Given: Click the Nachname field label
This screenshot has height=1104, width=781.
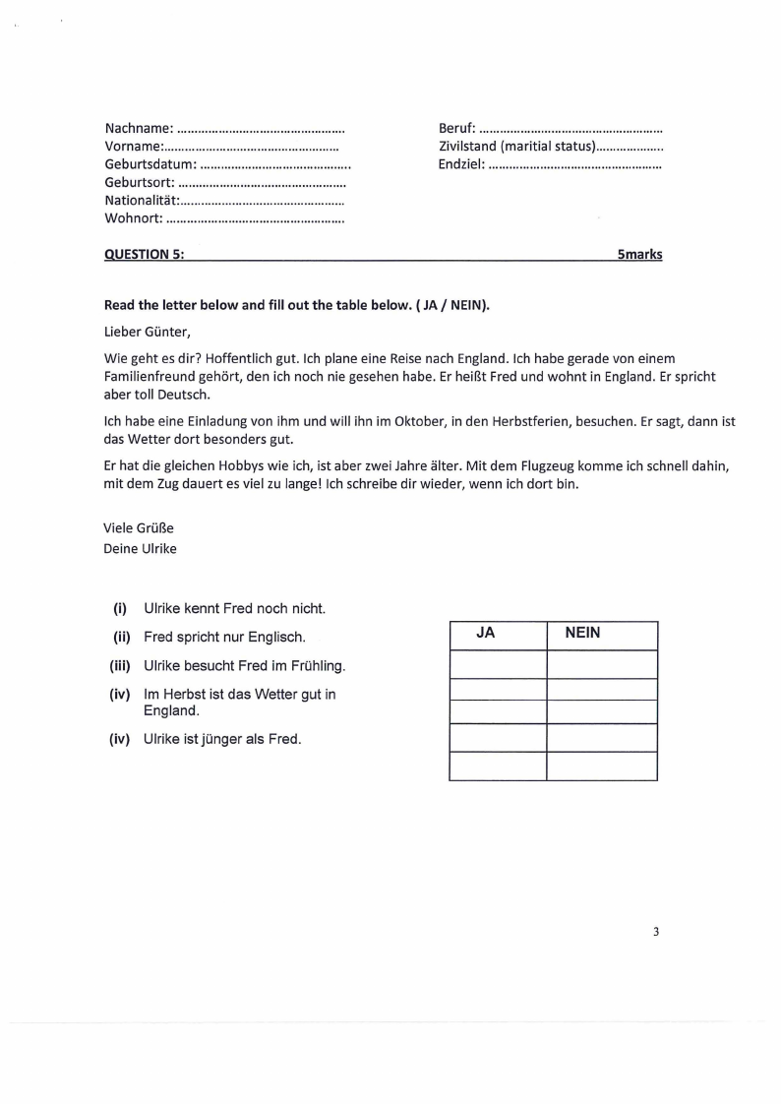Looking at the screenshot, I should (x=139, y=128).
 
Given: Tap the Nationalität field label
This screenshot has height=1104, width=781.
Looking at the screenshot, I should (x=141, y=200).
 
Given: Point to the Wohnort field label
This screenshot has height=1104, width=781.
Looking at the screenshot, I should (x=133, y=217).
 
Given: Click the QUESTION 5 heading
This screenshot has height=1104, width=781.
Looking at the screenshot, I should (x=144, y=254).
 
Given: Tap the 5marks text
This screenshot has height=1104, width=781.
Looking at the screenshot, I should (x=639, y=254).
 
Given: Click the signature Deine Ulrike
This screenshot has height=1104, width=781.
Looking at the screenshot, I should (x=140, y=548).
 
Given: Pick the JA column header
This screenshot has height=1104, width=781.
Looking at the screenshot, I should (x=485, y=635).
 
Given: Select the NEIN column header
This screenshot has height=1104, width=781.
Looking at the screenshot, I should (x=582, y=635).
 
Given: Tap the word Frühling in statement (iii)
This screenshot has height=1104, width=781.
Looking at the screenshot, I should (x=318, y=666).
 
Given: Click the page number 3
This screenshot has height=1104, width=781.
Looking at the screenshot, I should (x=655, y=932).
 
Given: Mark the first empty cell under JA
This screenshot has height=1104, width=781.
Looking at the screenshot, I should (x=498, y=664).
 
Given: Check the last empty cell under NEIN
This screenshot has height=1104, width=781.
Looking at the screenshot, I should (x=602, y=766).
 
